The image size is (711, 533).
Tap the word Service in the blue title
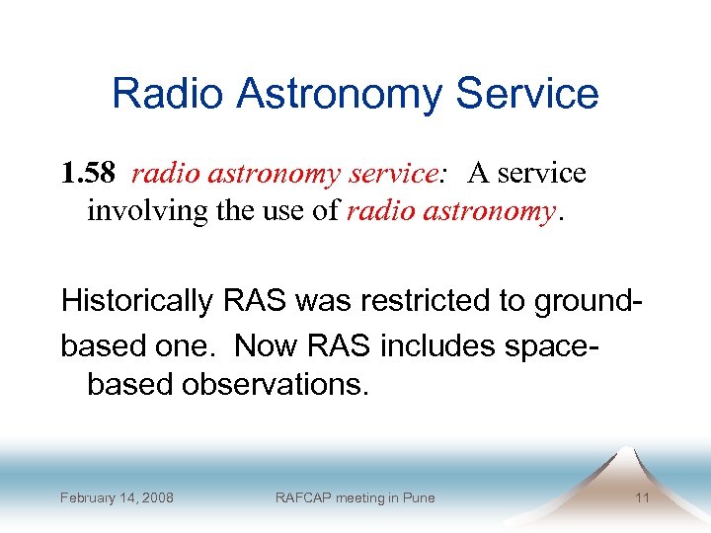526,94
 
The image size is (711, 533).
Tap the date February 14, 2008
117,497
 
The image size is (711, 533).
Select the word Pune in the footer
418,497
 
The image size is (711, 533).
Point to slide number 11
642,497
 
